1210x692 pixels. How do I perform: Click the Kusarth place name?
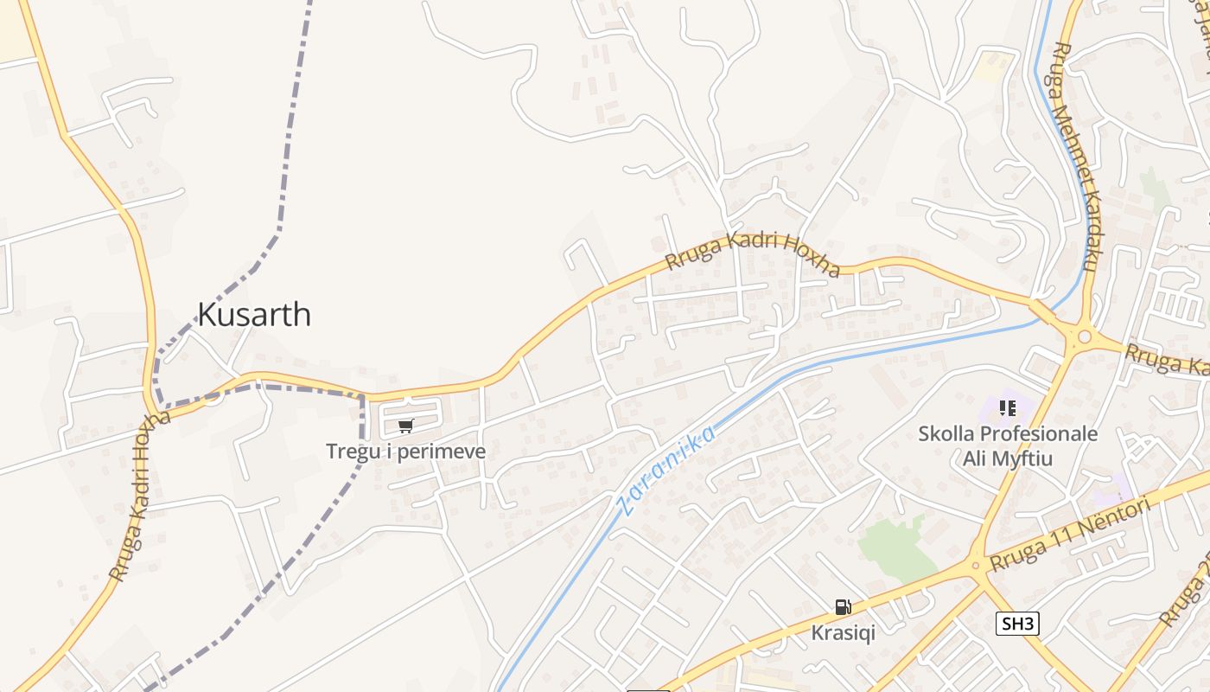click(254, 314)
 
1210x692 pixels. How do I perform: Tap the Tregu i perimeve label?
click(405, 452)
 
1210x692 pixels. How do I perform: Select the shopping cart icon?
click(406, 426)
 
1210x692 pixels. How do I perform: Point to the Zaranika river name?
click(667, 471)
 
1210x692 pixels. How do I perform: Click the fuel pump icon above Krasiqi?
click(843, 607)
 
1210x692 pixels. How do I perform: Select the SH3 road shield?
click(1016, 624)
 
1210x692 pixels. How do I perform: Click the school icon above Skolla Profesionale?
click(1008, 407)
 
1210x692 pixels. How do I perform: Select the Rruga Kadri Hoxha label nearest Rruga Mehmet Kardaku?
click(752, 254)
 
